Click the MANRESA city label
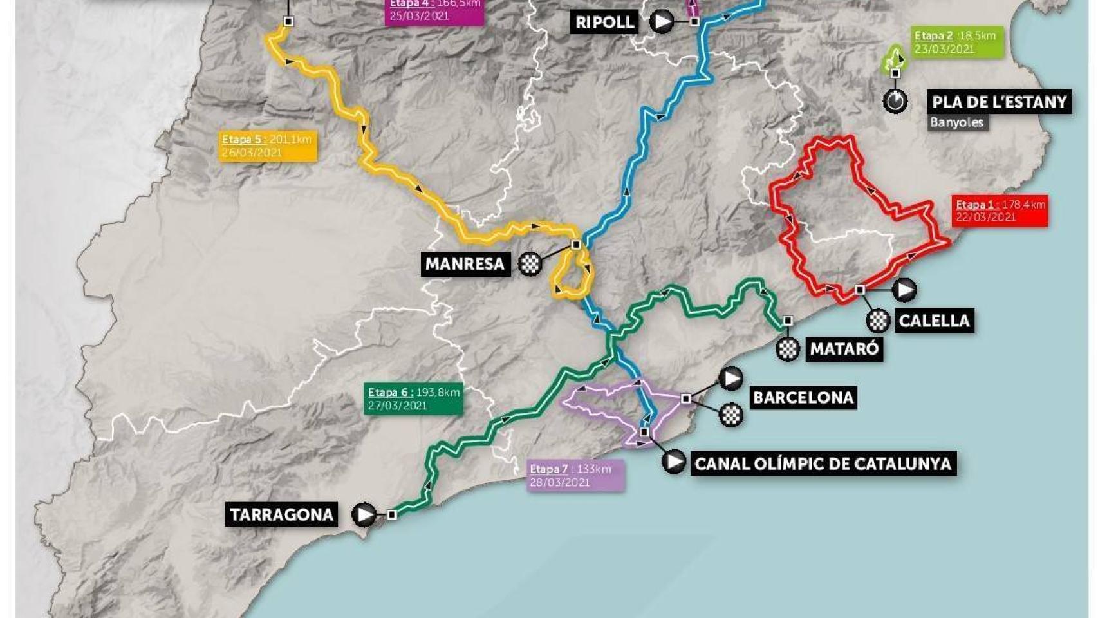point(465,264)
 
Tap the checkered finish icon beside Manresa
point(530,264)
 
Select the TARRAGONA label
point(281,514)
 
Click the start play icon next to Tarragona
point(364,514)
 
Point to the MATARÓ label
point(844,349)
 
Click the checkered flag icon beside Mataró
point(788,349)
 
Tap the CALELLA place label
point(933,321)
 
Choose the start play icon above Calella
point(905,290)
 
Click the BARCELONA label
point(803,397)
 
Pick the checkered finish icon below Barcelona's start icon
point(730,415)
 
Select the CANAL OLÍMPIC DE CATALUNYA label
point(823,464)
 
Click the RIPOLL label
point(604,22)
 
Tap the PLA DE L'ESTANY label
point(999,102)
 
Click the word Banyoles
point(956,122)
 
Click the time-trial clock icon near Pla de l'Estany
point(895,102)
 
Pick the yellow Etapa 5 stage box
point(268,146)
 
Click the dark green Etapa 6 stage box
point(413,398)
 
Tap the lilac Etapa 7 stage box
point(575,476)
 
